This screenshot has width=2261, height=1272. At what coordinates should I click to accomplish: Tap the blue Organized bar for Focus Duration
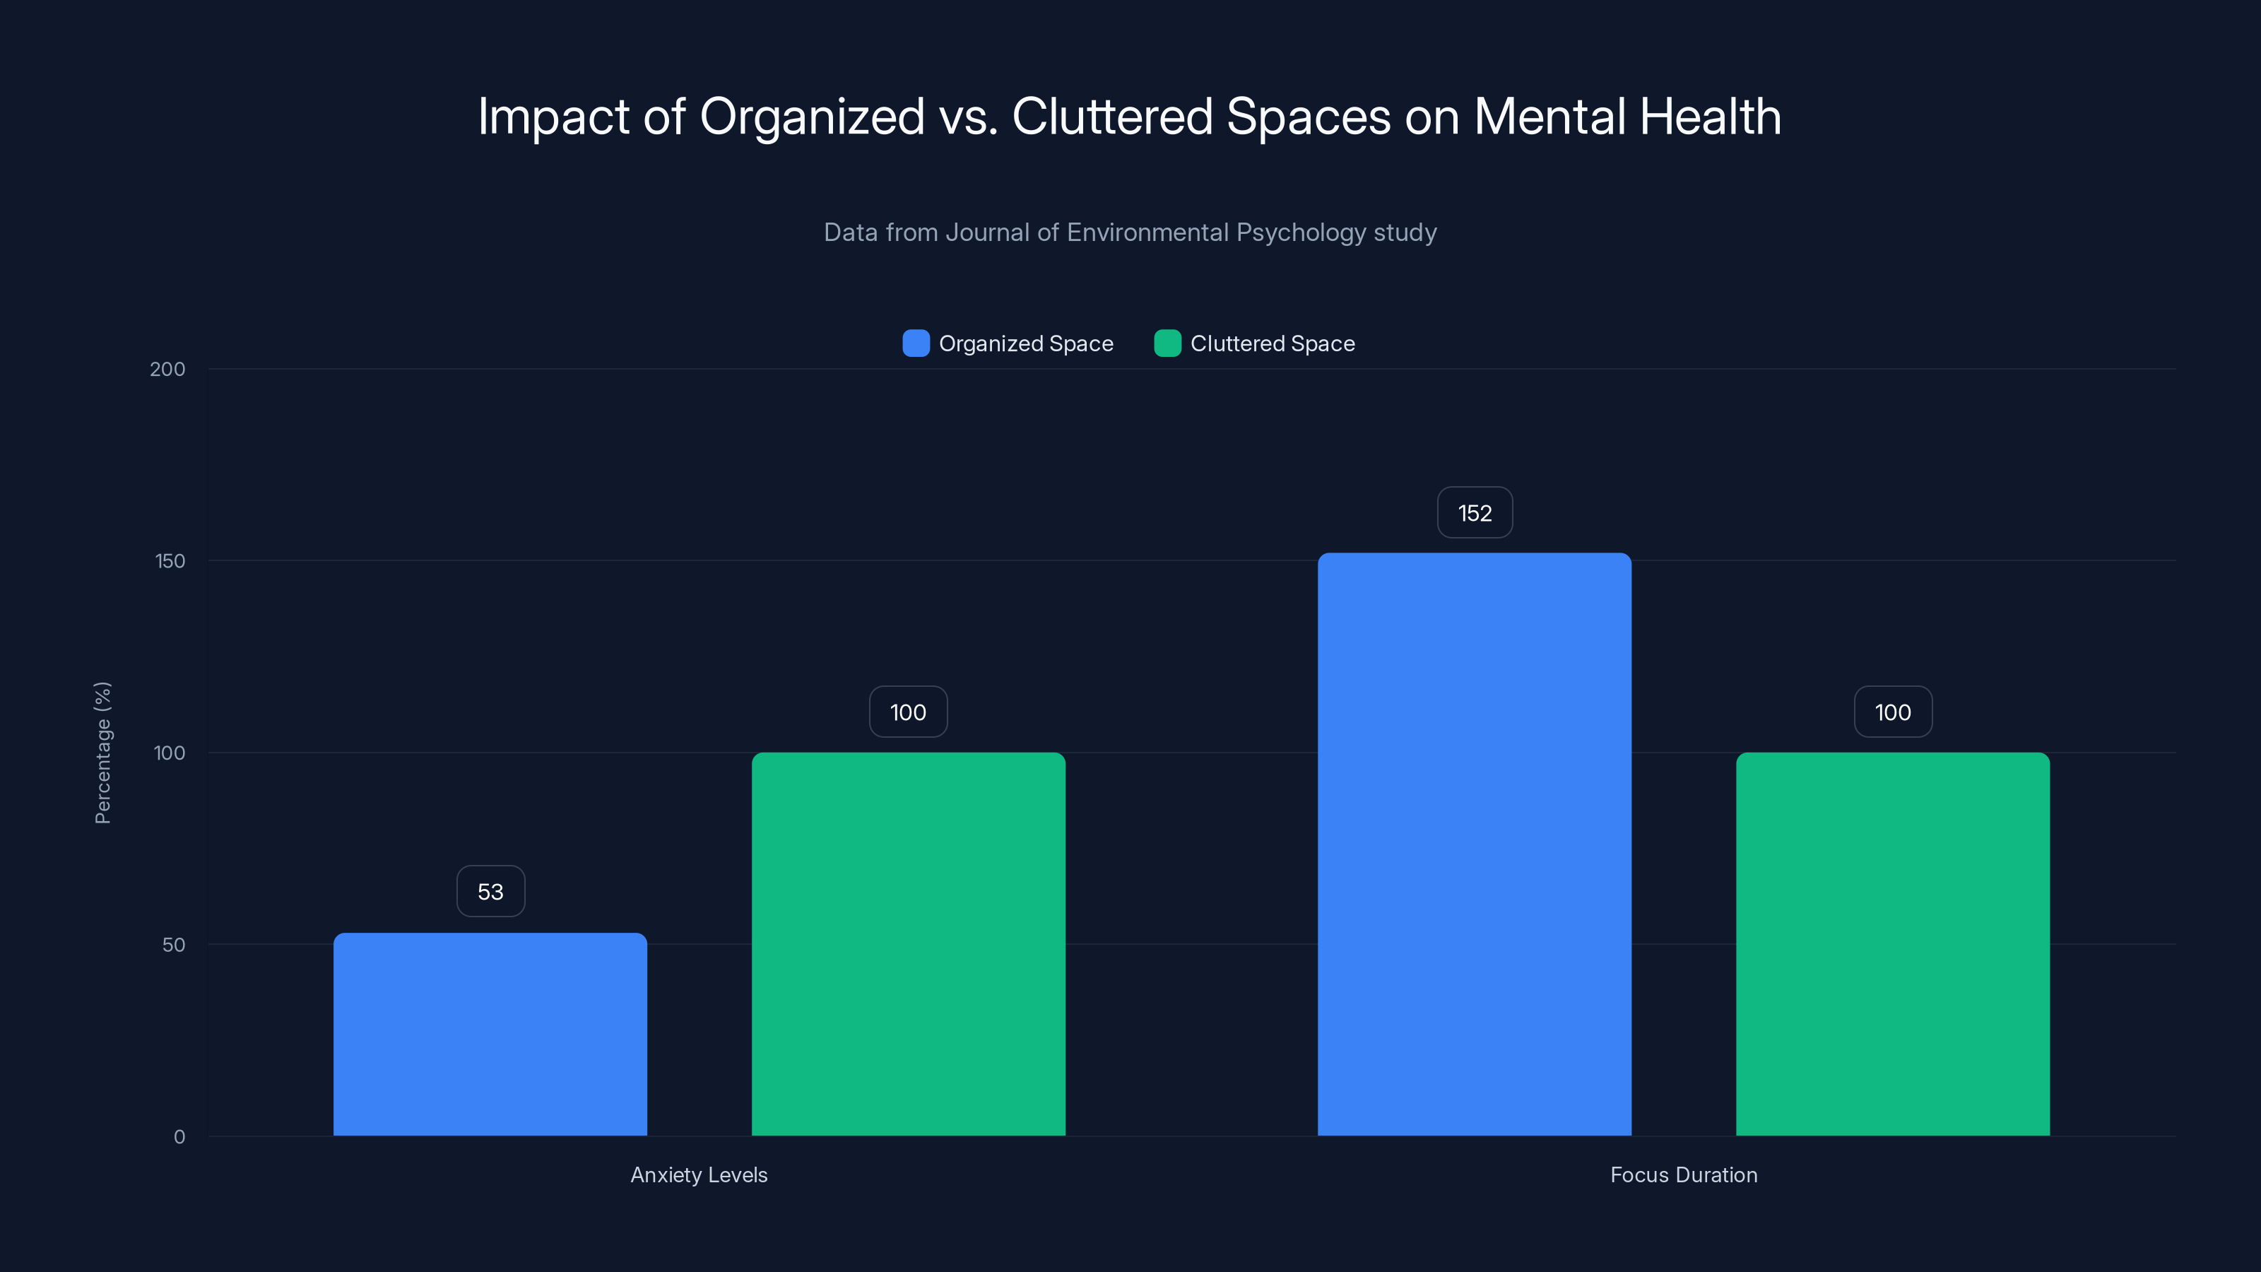point(1474,844)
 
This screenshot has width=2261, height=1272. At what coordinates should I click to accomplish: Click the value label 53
point(490,892)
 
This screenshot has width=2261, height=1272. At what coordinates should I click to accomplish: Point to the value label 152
point(1475,512)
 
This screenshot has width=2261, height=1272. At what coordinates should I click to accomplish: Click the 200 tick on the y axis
point(167,369)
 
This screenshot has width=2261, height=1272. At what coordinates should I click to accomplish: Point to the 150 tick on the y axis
point(170,561)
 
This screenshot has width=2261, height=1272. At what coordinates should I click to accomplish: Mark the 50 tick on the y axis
point(174,945)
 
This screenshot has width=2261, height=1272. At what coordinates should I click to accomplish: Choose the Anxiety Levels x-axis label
point(699,1174)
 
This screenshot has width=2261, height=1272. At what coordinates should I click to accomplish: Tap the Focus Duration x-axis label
point(1684,1174)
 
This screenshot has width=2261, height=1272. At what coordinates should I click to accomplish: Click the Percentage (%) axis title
point(102,753)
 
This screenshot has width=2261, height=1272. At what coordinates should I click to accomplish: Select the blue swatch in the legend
point(916,343)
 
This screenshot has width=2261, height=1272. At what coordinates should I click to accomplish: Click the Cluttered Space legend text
point(1272,343)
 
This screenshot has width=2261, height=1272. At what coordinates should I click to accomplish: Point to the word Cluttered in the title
point(1112,116)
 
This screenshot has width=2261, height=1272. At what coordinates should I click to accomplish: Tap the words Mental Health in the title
point(1627,116)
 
